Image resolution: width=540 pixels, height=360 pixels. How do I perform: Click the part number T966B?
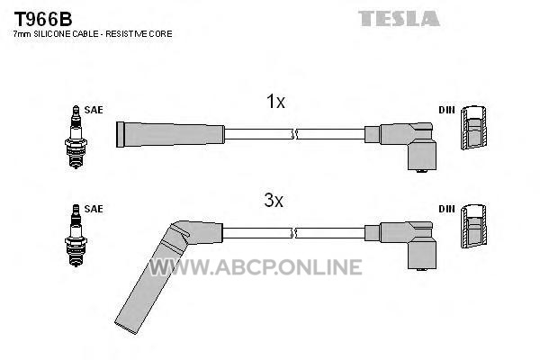(42, 19)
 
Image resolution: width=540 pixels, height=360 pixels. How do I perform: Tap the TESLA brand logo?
(399, 18)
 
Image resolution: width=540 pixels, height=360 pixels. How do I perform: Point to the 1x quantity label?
(275, 102)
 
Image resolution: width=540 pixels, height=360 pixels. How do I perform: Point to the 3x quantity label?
(274, 200)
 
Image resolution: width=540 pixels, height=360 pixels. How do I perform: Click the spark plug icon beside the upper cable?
(76, 137)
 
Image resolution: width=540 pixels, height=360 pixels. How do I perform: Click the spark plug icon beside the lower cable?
(76, 236)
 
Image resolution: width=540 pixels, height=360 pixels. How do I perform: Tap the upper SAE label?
(94, 110)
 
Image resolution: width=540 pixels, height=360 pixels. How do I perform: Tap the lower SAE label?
(94, 209)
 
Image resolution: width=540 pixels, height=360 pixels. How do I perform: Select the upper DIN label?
(446, 110)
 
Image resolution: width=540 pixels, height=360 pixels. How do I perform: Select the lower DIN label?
(446, 209)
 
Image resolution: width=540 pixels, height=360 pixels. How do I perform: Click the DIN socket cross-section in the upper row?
(474, 128)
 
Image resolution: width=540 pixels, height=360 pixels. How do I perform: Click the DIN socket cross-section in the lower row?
(474, 226)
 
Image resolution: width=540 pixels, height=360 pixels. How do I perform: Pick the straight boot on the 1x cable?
(170, 134)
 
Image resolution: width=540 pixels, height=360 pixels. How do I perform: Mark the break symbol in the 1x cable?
(293, 134)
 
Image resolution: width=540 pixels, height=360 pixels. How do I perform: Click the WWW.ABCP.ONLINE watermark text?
(256, 267)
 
